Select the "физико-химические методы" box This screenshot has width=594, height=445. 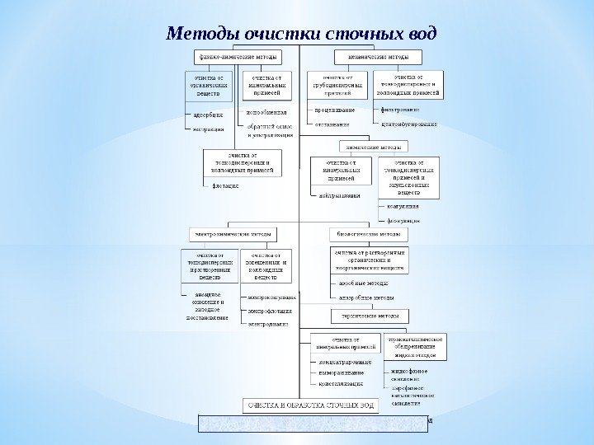tap(238, 57)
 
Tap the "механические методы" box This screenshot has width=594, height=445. tap(378, 57)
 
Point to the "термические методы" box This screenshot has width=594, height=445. tap(370, 316)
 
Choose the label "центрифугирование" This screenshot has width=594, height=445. tap(410, 124)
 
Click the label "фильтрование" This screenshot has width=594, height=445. tap(401, 109)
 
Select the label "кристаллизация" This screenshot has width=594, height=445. tap(341, 384)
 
